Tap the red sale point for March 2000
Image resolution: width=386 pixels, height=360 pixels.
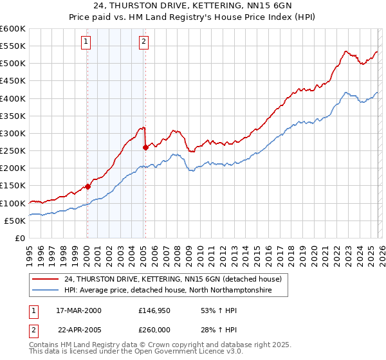tap(87, 186)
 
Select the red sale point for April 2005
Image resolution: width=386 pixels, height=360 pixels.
tap(145, 147)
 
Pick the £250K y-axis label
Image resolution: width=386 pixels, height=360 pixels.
tap(12, 151)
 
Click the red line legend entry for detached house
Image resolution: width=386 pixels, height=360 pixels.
tap(172, 280)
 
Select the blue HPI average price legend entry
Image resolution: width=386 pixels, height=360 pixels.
tap(167, 291)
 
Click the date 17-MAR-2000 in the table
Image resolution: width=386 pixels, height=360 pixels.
tap(78, 310)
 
